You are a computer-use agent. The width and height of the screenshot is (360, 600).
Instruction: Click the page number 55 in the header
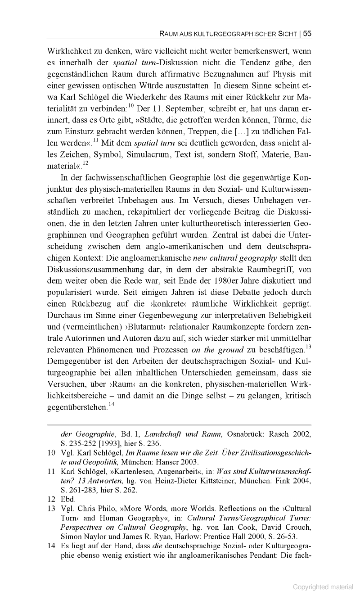pyautogui.click(x=307, y=33)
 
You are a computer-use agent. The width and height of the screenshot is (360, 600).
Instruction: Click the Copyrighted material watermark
pyautogui.click(x=323, y=587)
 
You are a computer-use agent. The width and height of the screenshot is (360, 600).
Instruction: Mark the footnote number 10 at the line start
pyautogui.click(x=51, y=453)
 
